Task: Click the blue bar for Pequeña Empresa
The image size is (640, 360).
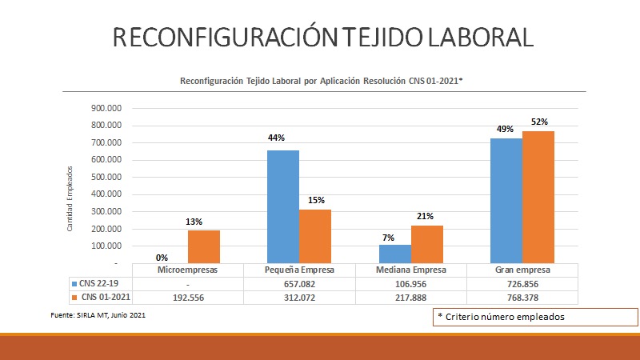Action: click(x=282, y=206)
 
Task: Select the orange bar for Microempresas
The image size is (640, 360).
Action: click(x=203, y=246)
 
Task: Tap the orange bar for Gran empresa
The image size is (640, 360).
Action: click(x=538, y=197)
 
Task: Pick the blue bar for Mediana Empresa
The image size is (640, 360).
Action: click(x=394, y=254)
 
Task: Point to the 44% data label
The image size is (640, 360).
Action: click(x=277, y=138)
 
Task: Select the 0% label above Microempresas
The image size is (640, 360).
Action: click(x=162, y=258)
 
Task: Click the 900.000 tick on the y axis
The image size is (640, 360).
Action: click(x=106, y=108)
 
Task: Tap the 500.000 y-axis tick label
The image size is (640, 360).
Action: click(x=106, y=177)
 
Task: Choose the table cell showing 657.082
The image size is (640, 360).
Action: click(x=299, y=283)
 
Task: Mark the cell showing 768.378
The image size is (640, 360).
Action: click(x=522, y=298)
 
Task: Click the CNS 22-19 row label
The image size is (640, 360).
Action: click(x=98, y=283)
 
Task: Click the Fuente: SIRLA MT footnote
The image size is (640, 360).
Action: click(x=98, y=316)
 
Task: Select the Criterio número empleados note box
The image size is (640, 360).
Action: click(x=535, y=317)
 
